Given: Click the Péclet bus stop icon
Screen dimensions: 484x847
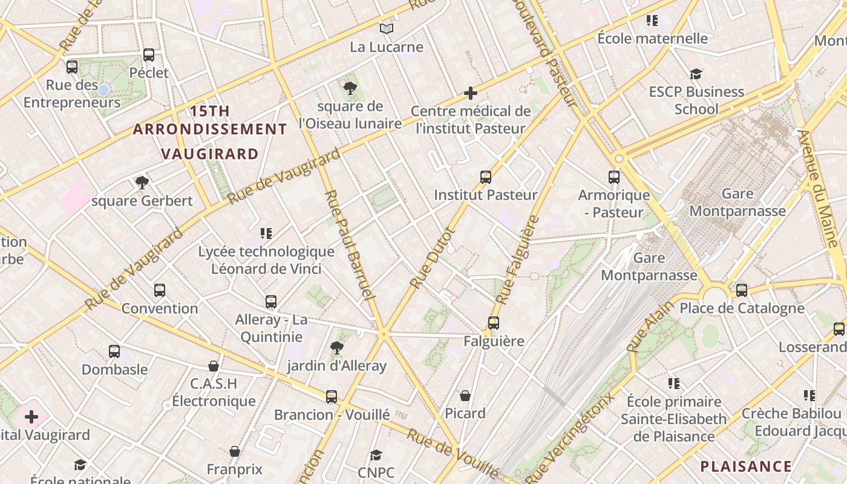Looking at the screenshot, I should pos(149,55).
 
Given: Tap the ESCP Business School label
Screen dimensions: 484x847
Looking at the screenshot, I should pos(696,100).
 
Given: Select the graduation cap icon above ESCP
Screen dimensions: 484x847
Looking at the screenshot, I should pos(696,74).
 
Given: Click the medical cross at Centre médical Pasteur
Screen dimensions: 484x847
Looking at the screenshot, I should pos(471,93).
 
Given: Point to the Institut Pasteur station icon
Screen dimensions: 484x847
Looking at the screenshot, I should pos(486,177).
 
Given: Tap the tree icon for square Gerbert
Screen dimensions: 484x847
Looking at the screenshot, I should pos(142,182).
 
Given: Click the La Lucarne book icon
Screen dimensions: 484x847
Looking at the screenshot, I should pos(387,28).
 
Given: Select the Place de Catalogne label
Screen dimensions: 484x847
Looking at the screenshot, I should pos(742,308).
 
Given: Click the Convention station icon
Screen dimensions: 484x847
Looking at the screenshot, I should pos(160,290).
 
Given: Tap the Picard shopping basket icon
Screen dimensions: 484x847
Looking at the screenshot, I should pos(465,396).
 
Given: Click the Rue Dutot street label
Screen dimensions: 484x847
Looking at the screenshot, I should pos(431,258).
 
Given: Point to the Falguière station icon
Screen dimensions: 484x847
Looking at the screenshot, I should pos(494,323).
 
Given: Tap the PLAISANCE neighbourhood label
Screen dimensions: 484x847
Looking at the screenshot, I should pos(746,466).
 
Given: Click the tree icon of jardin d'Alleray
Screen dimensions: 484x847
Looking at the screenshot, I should pos(337,347).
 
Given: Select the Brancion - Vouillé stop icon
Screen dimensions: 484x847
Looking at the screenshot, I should pos(332,397).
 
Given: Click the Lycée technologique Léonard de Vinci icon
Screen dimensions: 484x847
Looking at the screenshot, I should pos(266,233).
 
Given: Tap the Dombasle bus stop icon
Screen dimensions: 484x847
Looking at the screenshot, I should pos(114,351).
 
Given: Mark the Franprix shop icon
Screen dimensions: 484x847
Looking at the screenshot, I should pos(235,451).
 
